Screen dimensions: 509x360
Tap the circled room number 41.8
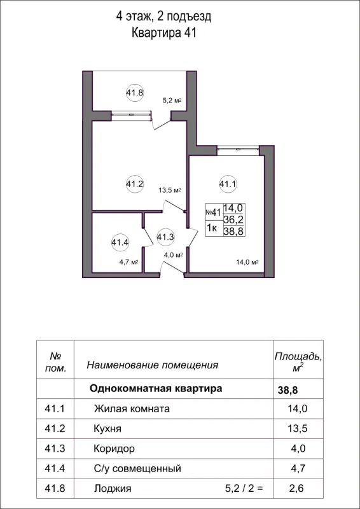[135, 92]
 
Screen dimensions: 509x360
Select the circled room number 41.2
[135, 185]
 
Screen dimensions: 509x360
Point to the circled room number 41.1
[228, 185]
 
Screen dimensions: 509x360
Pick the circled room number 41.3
[165, 237]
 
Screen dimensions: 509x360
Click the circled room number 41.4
[120, 242]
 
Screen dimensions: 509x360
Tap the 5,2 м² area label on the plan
[172, 101]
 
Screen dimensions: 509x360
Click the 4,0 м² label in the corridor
[174, 255]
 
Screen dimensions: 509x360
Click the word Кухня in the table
[107, 428]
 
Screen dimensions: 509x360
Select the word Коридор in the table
[114, 449]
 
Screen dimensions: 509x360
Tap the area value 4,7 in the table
[298, 469]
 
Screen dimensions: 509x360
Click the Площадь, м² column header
[297, 361]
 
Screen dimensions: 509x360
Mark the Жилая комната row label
[132, 408]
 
